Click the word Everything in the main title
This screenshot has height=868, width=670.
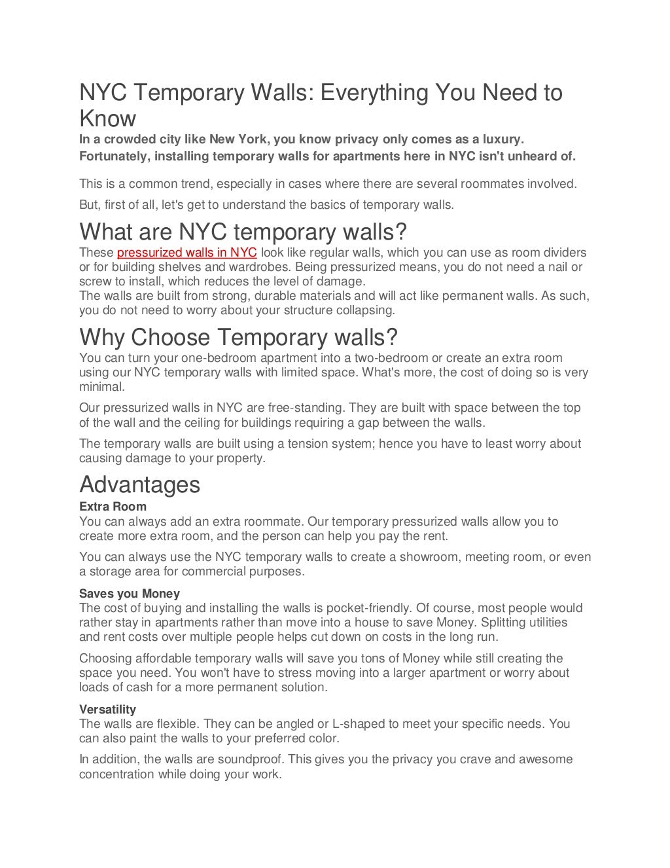click(375, 93)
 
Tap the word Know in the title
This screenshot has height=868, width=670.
click(107, 118)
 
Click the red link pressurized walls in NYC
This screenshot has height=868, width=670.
click(186, 253)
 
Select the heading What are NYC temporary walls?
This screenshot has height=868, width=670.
click(243, 232)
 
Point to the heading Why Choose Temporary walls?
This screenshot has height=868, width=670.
click(238, 337)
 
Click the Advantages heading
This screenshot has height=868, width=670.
click(139, 484)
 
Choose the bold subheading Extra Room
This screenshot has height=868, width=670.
click(113, 507)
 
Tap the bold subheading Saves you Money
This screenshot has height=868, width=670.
click(130, 594)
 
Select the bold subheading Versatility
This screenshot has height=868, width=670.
click(107, 710)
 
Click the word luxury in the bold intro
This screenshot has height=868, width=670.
click(502, 139)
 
